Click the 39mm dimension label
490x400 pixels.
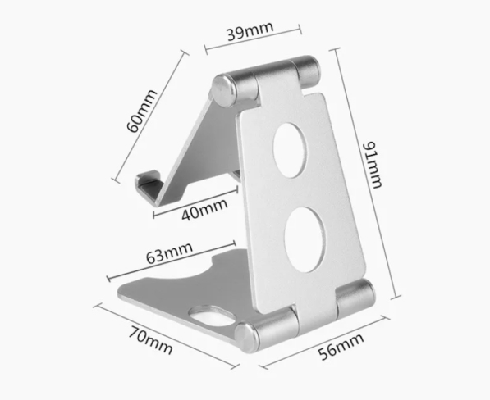250,31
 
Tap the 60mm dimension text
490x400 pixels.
141,111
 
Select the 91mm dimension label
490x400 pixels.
372,165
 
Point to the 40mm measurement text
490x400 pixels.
204,209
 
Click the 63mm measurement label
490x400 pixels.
169,252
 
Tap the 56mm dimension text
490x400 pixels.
341,347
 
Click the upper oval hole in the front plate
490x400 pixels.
290,150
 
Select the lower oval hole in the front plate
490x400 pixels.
305,239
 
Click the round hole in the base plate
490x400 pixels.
213,315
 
